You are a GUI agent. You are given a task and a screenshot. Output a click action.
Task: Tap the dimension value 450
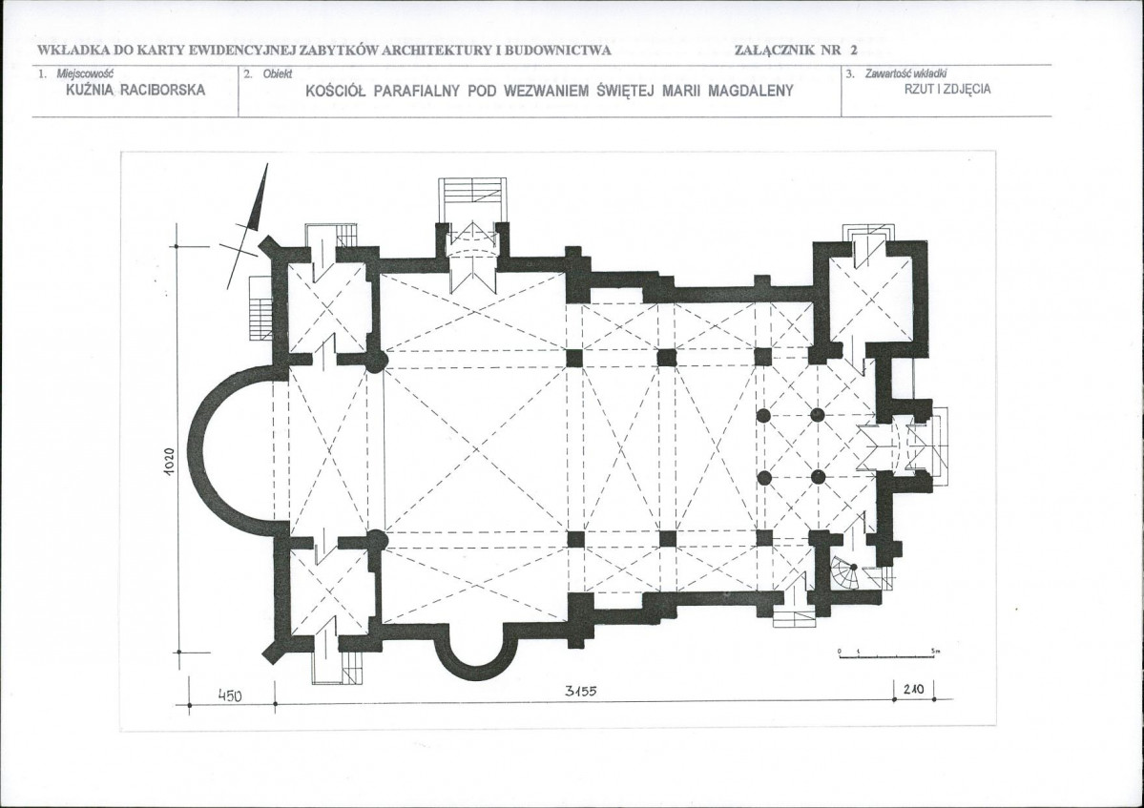click(x=231, y=695)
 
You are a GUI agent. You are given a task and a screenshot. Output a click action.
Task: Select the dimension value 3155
click(x=581, y=692)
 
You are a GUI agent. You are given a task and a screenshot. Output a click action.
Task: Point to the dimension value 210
click(x=913, y=689)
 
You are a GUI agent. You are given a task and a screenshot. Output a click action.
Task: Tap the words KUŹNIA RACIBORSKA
click(x=135, y=90)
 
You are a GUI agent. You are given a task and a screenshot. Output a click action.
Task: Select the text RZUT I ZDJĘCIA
click(x=947, y=89)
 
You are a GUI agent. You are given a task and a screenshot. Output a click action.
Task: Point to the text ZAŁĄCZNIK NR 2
click(x=796, y=51)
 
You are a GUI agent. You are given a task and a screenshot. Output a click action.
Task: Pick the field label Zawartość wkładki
click(x=905, y=73)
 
